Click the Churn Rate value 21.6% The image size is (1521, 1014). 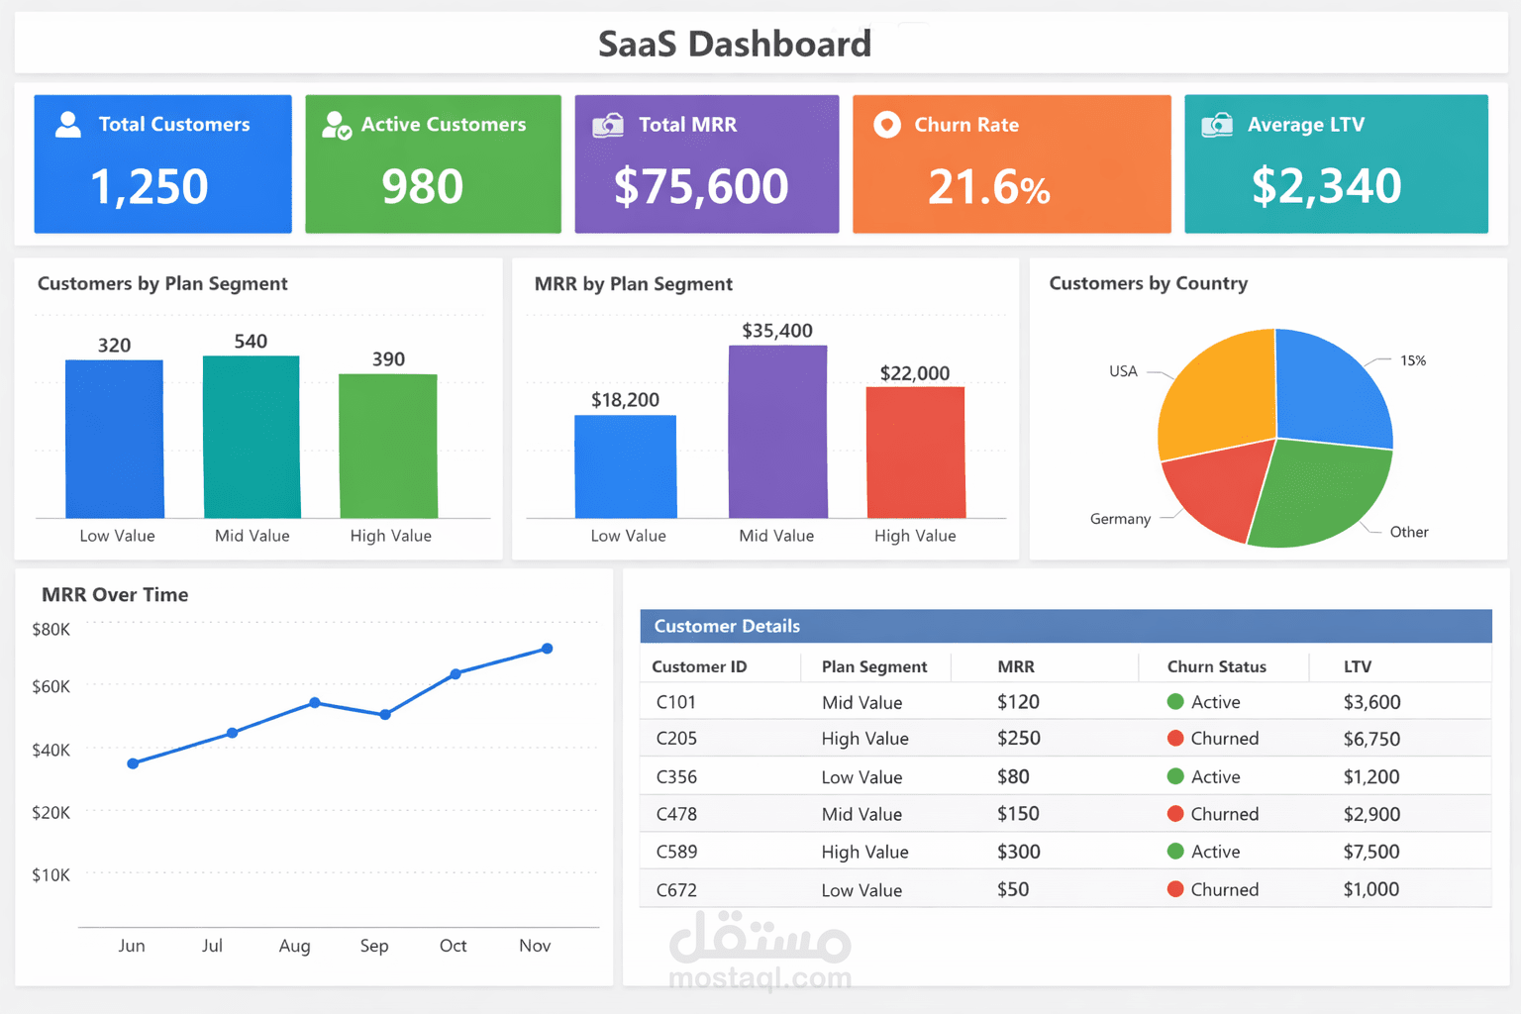pyautogui.click(x=988, y=187)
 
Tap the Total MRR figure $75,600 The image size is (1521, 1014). pyautogui.click(x=701, y=187)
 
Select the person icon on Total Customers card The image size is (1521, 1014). pyautogui.click(x=68, y=124)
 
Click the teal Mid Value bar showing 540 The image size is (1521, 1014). pyautogui.click(x=252, y=437)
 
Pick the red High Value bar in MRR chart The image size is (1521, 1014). pyautogui.click(x=915, y=452)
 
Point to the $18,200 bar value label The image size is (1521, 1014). pyautogui.click(x=625, y=400)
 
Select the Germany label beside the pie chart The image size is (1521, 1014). pyautogui.click(x=1120, y=519)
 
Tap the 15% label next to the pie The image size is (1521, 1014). pyautogui.click(x=1413, y=360)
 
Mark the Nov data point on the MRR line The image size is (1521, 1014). pyautogui.click(x=548, y=649)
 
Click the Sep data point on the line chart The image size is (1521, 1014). pyautogui.click(x=385, y=714)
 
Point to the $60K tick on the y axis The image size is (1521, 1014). pyautogui.click(x=51, y=686)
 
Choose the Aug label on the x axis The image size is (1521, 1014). pyautogui.click(x=294, y=946)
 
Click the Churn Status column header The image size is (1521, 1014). pyautogui.click(x=1216, y=666)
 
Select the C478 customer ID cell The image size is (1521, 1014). pyautogui.click(x=676, y=814)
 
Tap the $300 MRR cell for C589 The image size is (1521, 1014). pyautogui.click(x=1018, y=852)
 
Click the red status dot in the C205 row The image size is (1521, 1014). pyautogui.click(x=1175, y=738)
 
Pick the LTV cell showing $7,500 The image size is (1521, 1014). pyautogui.click(x=1370, y=852)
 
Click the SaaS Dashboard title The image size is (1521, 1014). pyautogui.click(x=735, y=44)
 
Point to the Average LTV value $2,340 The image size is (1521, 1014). pyautogui.click(x=1326, y=186)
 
